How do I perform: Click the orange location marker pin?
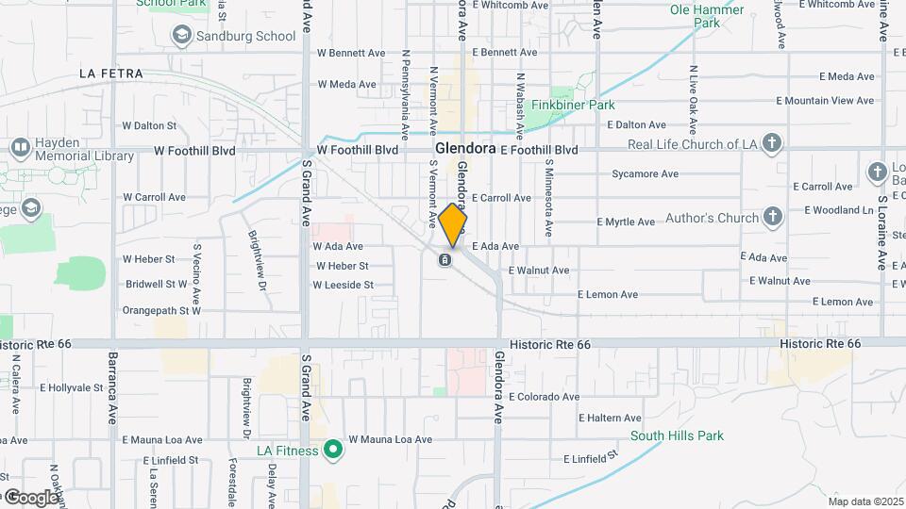coord(453,224)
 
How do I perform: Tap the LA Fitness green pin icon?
coord(331,450)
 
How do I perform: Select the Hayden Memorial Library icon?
coord(20,148)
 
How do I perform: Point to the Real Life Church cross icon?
coord(772,144)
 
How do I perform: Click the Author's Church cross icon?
coord(773,218)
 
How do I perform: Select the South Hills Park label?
coord(677,435)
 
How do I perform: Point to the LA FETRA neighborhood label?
coord(111,74)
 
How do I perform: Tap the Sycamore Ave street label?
coord(645,174)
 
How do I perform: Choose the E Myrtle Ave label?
coord(626,222)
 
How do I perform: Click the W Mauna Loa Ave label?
coord(390,439)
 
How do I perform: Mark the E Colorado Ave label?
coord(545,397)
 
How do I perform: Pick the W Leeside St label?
coord(344,285)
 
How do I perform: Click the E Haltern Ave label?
coord(610,419)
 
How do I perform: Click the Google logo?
coord(30,497)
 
